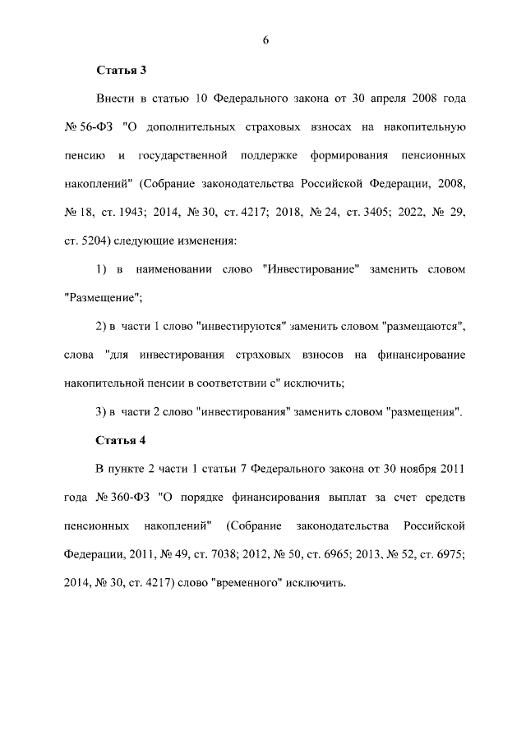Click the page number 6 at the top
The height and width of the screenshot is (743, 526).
265,41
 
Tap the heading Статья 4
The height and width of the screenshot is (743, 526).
121,439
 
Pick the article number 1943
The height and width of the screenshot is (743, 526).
131,212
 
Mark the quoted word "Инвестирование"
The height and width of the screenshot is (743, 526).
310,269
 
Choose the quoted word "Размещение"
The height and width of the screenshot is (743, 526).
95,297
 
